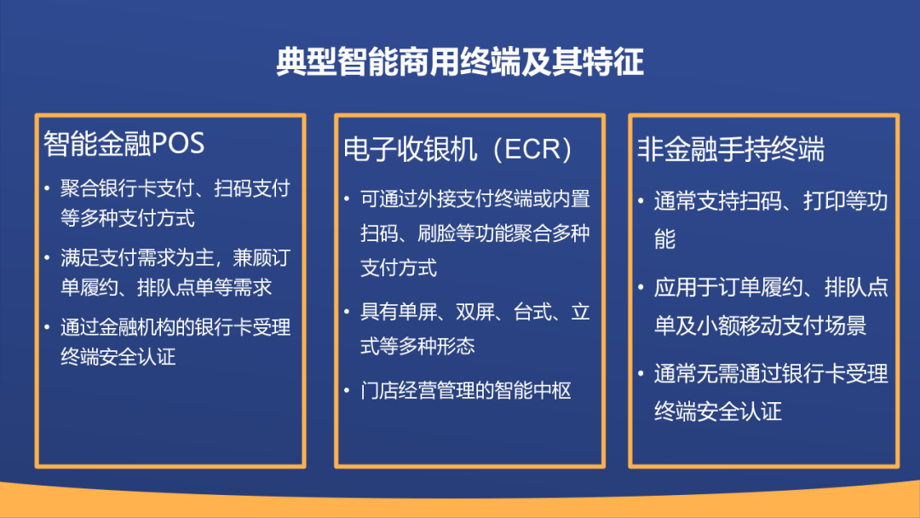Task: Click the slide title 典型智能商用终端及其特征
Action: click(x=460, y=61)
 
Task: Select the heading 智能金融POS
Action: click(x=124, y=144)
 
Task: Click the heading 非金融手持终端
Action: click(x=731, y=149)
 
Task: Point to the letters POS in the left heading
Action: click(x=178, y=144)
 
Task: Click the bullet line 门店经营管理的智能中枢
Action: click(x=465, y=391)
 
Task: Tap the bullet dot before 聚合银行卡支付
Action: click(x=47, y=188)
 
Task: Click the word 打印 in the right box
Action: click(x=823, y=201)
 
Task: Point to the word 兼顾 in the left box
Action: click(x=252, y=258)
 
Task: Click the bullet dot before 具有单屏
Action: click(x=347, y=312)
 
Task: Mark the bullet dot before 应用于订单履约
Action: click(x=641, y=287)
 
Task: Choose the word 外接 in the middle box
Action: click(x=436, y=199)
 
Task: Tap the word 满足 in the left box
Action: click(x=79, y=258)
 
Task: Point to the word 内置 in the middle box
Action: click(x=571, y=199)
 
